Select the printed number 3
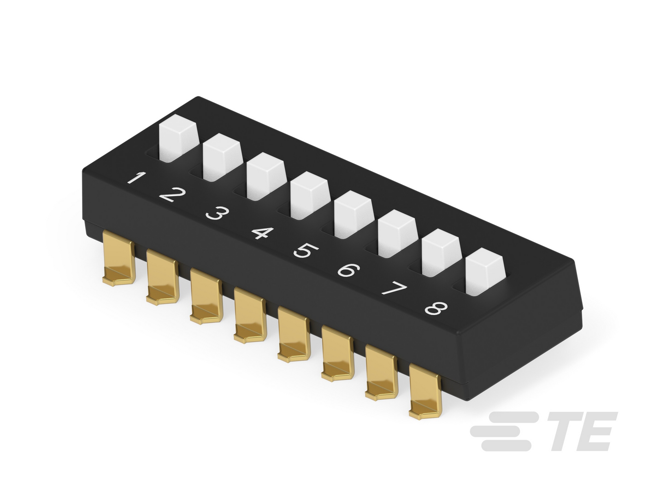(217, 214)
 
